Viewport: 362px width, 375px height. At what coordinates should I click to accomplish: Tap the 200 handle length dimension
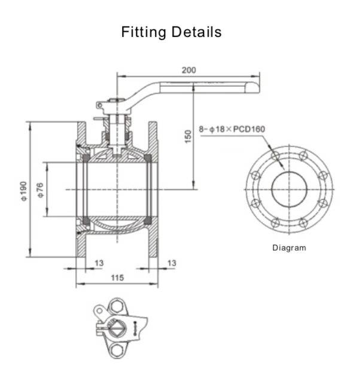coord(188,70)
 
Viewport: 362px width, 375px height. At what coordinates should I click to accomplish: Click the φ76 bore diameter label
coord(40,190)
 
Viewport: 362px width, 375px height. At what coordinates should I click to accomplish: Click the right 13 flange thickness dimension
coord(172,263)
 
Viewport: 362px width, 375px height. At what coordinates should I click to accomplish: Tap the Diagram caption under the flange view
coord(289,248)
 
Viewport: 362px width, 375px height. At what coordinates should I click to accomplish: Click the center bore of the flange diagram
coord(290,190)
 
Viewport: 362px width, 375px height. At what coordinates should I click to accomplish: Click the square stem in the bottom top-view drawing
coord(117,327)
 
